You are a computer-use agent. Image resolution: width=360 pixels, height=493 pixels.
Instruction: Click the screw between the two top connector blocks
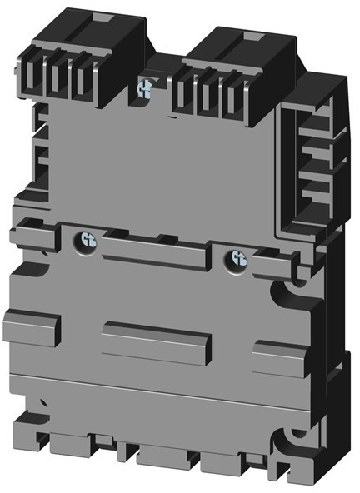146,85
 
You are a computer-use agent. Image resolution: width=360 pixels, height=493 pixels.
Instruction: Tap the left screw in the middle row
86,242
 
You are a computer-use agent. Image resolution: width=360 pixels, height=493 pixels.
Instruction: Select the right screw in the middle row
239,259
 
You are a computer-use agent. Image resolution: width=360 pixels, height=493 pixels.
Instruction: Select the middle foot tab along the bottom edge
162,457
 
